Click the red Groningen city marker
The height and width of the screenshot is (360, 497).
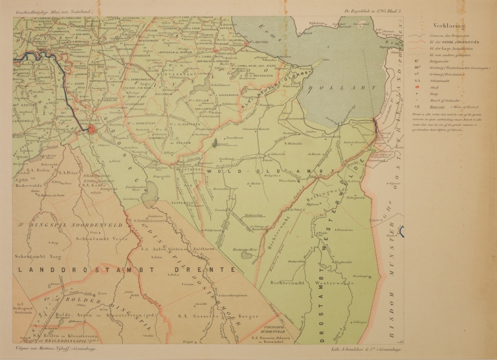pyautogui.click(x=93, y=130)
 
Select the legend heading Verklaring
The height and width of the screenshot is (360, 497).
pyautogui.click(x=449, y=26)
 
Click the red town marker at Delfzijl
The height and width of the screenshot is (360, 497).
pyautogui.click(x=246, y=43)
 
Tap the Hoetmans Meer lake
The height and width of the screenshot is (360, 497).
pyautogui.click(x=247, y=255)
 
